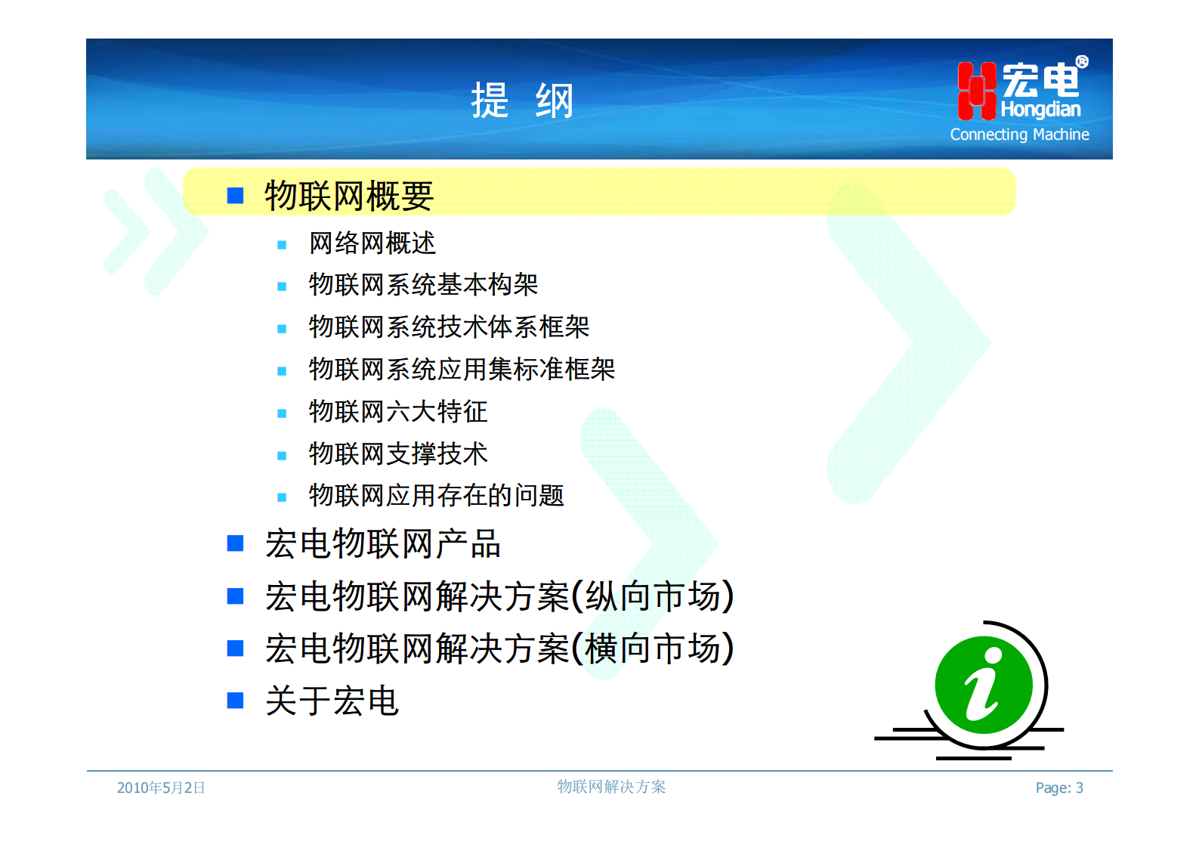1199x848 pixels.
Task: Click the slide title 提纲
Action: (x=522, y=101)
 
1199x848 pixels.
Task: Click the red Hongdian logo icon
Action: (x=976, y=91)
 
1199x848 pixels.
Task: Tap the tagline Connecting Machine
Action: (x=1019, y=135)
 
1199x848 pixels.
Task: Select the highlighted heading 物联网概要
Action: (x=348, y=196)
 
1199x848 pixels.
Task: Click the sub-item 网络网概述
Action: (x=372, y=243)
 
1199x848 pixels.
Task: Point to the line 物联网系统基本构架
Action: (x=423, y=285)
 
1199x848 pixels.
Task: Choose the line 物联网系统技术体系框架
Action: (x=449, y=327)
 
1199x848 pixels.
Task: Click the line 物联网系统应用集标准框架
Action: (x=462, y=370)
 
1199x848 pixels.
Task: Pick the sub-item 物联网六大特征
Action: (x=398, y=412)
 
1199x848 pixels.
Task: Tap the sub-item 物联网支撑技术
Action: (x=398, y=454)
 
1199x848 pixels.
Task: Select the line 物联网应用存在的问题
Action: (x=436, y=496)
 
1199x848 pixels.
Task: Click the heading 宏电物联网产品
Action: (x=382, y=544)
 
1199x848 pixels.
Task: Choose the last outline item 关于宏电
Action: (x=332, y=701)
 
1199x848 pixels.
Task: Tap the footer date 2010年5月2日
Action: (x=161, y=788)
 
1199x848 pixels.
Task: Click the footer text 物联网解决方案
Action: (x=611, y=787)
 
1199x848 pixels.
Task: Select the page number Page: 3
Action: (x=1059, y=788)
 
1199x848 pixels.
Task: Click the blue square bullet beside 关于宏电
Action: (x=236, y=701)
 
